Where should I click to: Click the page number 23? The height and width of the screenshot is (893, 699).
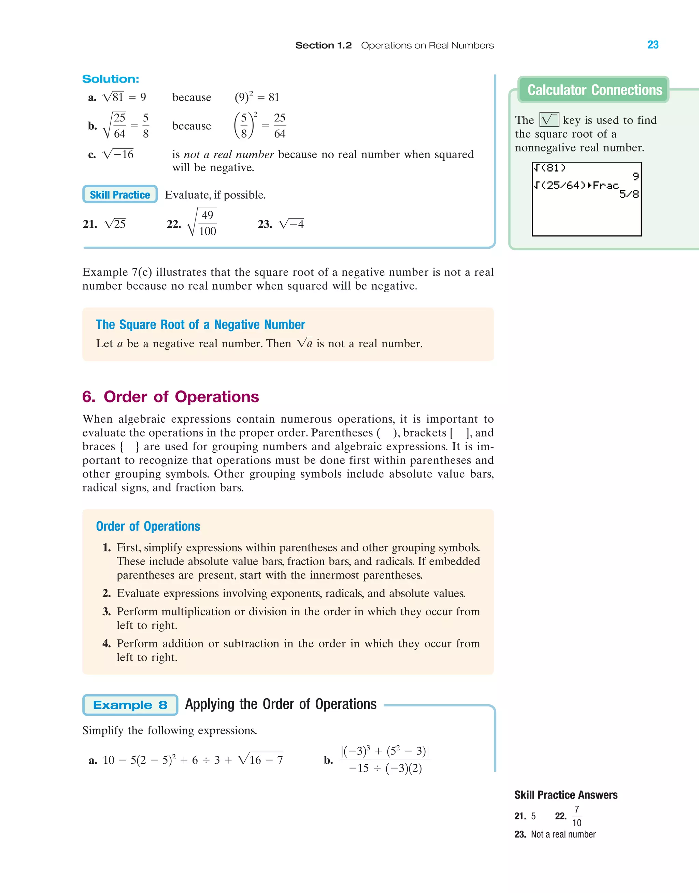click(653, 45)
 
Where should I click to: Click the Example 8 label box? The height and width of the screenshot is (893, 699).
click(130, 705)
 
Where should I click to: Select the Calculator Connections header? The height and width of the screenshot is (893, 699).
click(594, 90)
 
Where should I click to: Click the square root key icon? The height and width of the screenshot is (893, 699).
click(549, 120)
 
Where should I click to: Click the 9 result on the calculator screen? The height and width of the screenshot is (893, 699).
click(635, 176)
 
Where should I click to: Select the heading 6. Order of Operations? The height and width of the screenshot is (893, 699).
click(171, 397)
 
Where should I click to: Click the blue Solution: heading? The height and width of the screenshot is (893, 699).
click(111, 79)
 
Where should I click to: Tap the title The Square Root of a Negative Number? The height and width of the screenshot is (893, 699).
click(201, 325)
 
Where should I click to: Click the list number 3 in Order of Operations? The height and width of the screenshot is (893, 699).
click(106, 611)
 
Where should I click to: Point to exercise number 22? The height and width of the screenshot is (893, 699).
click(173, 224)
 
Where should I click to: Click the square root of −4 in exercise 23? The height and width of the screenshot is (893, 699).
click(291, 224)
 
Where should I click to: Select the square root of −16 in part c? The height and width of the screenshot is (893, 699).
click(118, 154)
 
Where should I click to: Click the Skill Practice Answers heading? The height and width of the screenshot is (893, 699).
click(566, 795)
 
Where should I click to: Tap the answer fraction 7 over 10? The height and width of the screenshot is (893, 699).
click(576, 816)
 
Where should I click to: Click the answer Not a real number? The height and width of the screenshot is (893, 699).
click(563, 835)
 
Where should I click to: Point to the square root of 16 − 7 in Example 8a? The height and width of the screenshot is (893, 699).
click(261, 760)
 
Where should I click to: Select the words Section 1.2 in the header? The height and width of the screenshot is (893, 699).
click(323, 45)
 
